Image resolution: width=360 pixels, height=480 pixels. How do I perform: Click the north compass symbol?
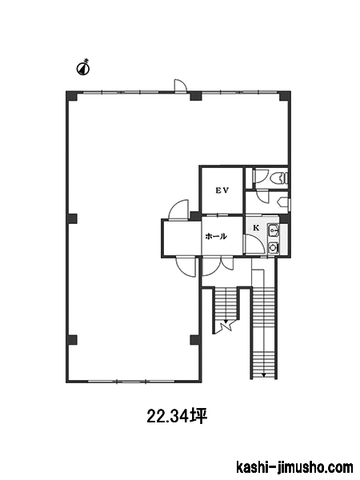tap(82, 67)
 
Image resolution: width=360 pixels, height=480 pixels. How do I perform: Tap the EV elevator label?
tap(222, 190)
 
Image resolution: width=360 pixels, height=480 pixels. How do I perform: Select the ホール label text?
tap(216, 236)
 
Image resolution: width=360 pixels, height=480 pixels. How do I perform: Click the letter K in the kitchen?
tap(256, 228)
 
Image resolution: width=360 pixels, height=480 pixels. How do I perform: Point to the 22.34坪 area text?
tap(178, 416)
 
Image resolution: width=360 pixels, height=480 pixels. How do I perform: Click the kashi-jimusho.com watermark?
tap(294, 468)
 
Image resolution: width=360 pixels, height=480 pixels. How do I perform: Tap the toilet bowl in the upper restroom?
tap(279, 178)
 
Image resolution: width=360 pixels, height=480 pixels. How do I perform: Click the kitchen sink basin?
tap(274, 230)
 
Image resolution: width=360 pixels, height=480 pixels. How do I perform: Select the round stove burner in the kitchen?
tap(273, 246)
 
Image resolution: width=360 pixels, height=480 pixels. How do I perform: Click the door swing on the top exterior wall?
tap(180, 85)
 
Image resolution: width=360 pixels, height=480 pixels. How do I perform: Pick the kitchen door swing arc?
tap(254, 244)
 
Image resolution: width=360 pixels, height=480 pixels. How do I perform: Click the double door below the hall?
tap(218, 266)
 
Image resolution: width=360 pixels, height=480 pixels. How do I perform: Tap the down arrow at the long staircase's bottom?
tap(263, 375)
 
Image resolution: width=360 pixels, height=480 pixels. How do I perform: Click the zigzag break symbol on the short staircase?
tap(226, 326)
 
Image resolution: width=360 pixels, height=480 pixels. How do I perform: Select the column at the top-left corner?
tap(72, 95)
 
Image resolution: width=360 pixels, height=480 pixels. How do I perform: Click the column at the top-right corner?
tap(284, 95)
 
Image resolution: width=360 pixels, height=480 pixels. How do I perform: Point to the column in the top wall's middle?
tap(195, 95)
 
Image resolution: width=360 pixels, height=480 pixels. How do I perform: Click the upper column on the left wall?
tap(72, 218)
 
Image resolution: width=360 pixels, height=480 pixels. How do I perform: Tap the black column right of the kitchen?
tap(284, 218)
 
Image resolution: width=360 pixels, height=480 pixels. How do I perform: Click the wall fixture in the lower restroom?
tap(283, 202)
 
